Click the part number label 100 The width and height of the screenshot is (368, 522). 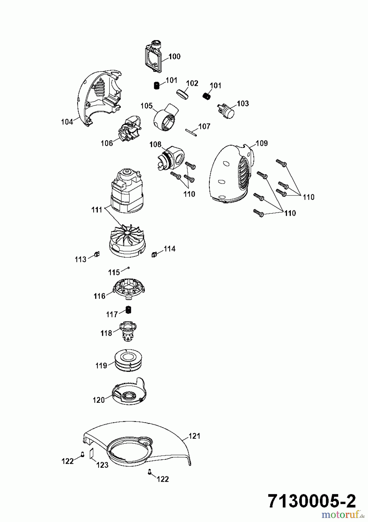(174, 56)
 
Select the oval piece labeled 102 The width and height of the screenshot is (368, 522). (183, 95)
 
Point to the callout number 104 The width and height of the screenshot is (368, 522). (67, 122)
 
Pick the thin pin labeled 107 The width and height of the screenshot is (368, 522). (191, 132)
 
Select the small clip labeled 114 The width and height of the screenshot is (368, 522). (154, 254)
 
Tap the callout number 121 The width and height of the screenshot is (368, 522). (194, 436)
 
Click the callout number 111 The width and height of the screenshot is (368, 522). (97, 209)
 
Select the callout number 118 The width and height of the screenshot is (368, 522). (106, 333)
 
